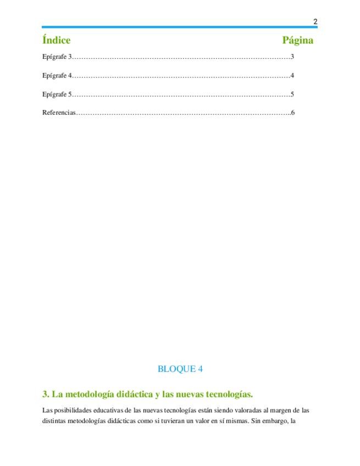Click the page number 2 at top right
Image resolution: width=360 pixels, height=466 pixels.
(x=315, y=22)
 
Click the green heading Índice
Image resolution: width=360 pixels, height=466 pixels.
(x=56, y=40)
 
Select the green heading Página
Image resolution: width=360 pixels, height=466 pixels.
(x=298, y=40)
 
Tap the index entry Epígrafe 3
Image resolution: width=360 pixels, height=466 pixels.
(x=57, y=57)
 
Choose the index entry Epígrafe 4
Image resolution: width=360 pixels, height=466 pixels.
(x=57, y=75)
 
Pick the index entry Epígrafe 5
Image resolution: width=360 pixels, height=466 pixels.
(x=57, y=94)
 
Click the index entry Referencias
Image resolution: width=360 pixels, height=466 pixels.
(x=59, y=113)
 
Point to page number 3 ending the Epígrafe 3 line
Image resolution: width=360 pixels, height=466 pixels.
(x=292, y=57)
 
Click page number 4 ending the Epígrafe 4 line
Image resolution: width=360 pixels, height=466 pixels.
(x=292, y=75)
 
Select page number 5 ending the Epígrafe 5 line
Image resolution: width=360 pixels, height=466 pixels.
(x=292, y=94)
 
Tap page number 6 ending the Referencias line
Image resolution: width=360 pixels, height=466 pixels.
(x=293, y=113)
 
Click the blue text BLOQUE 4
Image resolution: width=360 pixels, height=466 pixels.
(x=180, y=369)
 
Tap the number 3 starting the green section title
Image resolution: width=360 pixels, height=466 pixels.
(x=45, y=394)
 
